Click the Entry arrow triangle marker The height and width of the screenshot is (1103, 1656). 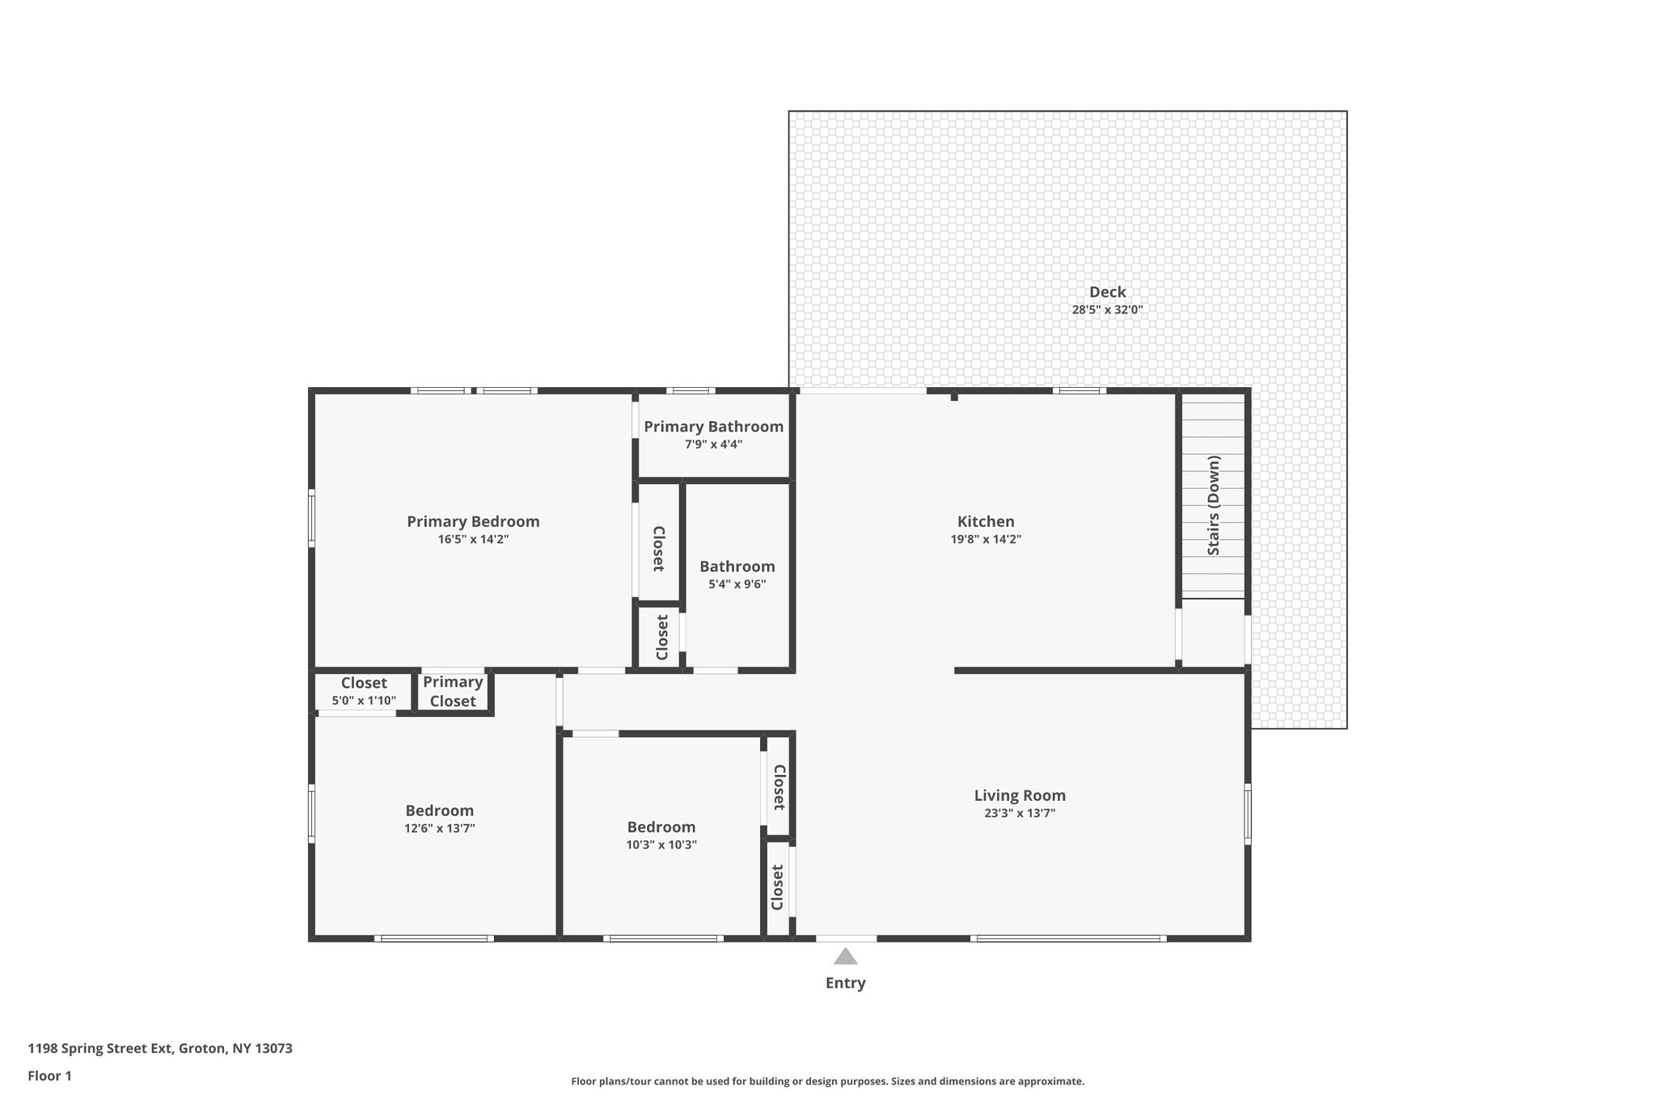(845, 957)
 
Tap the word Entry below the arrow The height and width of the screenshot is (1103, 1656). (845, 983)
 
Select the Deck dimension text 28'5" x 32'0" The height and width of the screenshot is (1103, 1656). (1107, 309)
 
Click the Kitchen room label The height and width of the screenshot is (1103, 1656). (986, 522)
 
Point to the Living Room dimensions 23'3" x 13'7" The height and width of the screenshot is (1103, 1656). (1020, 814)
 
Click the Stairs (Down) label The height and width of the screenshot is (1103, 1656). (1214, 505)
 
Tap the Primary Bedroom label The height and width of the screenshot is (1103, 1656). (473, 522)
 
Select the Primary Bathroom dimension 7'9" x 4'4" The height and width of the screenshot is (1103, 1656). (713, 444)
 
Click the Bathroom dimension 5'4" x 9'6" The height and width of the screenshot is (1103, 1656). (737, 584)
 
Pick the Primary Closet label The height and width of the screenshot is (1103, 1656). (452, 692)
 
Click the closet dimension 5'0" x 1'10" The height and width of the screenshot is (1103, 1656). (364, 701)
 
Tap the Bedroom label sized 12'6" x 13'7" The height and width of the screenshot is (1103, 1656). (439, 810)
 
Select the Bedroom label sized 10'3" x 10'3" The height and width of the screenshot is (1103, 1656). (661, 827)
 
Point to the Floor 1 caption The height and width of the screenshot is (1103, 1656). (49, 1076)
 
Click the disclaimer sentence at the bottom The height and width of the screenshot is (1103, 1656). (827, 1081)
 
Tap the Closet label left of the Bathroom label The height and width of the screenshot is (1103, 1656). (658, 549)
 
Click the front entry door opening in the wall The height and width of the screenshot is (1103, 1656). (846, 938)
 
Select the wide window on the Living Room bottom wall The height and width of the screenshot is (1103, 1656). (1068, 938)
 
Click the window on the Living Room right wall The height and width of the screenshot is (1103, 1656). (1247, 814)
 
